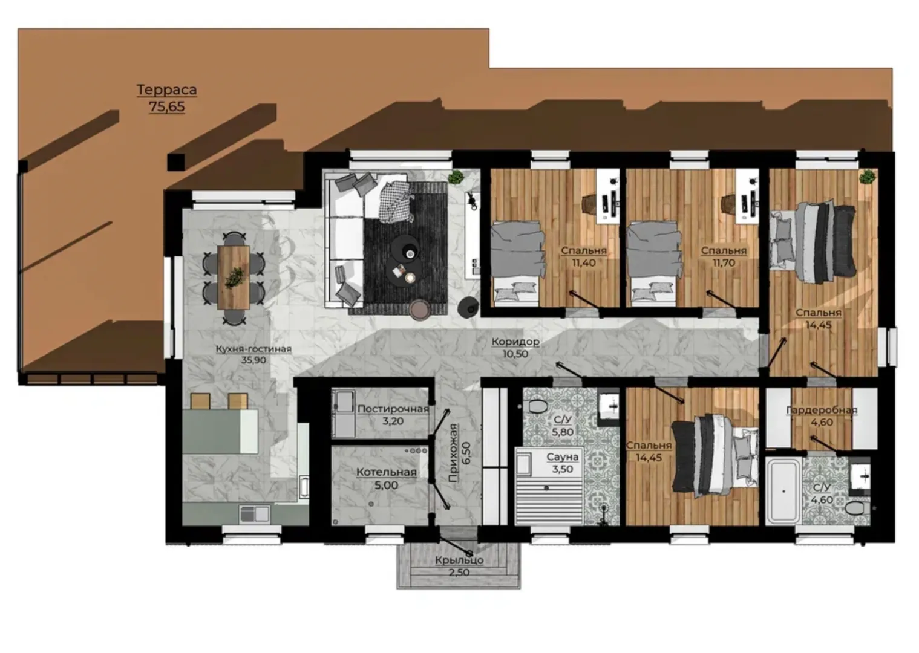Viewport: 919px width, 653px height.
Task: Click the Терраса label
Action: coord(166,89)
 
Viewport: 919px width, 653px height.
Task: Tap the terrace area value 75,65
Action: coord(166,106)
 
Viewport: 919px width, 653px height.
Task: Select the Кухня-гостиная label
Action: coord(253,349)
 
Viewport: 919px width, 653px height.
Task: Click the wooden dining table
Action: coord(234,277)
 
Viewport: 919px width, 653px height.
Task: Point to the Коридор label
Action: coord(515,342)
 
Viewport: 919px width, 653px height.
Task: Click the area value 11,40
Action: coord(584,263)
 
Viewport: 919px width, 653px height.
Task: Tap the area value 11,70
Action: coord(724,263)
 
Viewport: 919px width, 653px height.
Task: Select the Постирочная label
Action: coord(393,409)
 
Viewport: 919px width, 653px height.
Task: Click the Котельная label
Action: coord(387,472)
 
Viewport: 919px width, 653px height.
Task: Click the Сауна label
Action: coord(563,456)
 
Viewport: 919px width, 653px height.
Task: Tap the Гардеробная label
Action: coord(822,410)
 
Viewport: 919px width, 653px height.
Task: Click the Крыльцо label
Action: coord(460,560)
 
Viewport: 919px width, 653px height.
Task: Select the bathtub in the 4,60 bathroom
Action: coord(783,491)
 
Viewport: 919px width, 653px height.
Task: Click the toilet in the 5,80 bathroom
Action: coord(537,407)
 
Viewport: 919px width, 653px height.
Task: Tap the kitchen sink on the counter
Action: coord(254,513)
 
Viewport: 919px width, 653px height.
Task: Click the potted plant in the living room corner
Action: coord(456,178)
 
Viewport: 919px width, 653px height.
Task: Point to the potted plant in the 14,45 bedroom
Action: coord(867,177)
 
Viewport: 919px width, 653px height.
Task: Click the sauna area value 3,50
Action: coord(563,469)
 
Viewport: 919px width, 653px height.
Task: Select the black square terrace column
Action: coord(176,162)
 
